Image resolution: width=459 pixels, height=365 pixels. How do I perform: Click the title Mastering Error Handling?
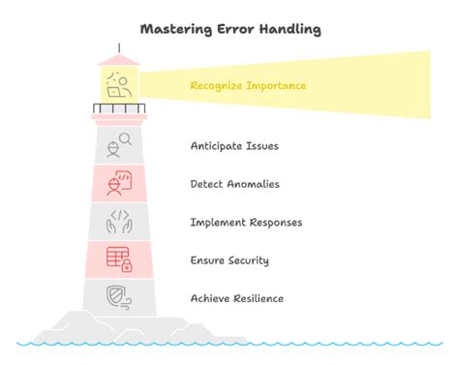229,28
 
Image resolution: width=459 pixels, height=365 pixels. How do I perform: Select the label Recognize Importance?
248,87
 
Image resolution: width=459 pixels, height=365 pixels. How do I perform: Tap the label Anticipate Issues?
234,146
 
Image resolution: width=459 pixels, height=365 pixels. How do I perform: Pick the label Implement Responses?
246,223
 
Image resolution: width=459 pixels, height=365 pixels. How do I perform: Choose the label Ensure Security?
229,260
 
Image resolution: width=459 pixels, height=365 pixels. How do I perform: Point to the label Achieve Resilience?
236,298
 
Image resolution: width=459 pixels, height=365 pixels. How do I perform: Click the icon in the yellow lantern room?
119,85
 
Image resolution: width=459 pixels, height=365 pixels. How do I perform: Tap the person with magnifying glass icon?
119,145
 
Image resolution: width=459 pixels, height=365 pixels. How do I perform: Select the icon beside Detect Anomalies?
119,183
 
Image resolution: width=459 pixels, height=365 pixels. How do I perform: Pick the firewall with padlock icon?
119,259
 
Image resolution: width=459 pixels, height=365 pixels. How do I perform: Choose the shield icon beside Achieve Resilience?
119,297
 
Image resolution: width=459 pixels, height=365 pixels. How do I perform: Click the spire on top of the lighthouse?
119,47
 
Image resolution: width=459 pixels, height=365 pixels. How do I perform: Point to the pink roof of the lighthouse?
119,60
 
